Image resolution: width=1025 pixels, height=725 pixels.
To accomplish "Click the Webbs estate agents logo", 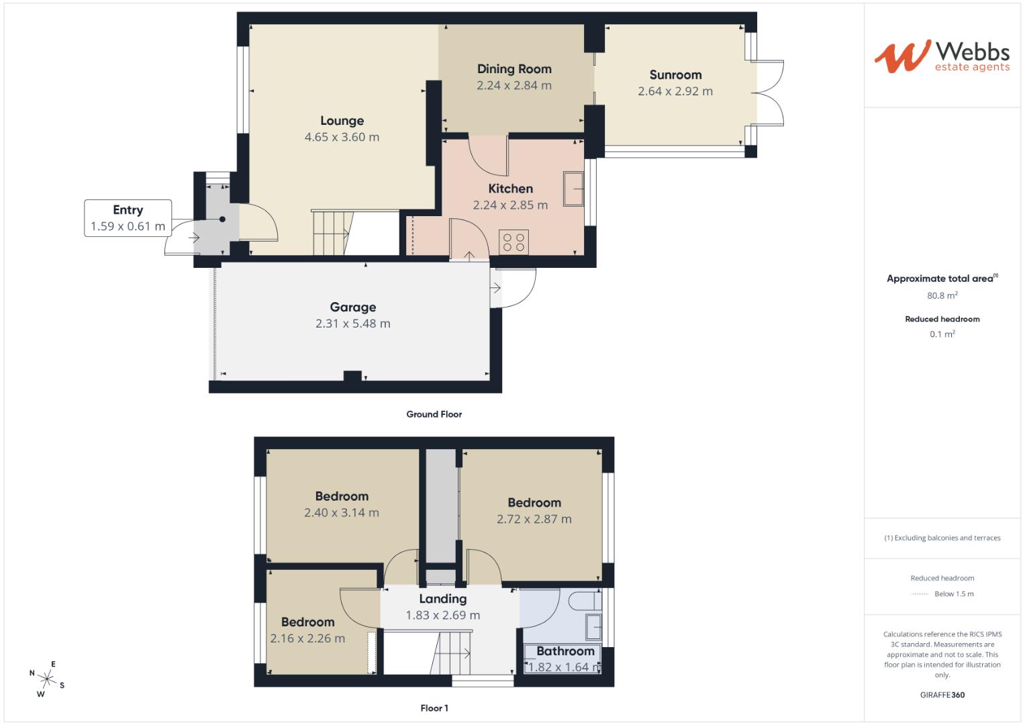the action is coord(942,56).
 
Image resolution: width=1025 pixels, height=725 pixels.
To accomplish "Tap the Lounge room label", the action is coord(342,121).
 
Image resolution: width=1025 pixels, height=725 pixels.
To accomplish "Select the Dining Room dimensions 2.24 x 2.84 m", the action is coord(514,86).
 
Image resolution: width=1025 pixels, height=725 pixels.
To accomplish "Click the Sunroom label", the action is coord(675,75).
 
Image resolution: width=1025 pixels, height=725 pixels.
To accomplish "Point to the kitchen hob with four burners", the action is coord(514,242).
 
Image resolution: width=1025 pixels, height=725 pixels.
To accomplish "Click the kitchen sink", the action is coord(573,189).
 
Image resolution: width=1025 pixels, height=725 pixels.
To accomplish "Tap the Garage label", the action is coord(353,307).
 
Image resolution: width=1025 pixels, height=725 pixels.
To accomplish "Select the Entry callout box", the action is coord(128,218).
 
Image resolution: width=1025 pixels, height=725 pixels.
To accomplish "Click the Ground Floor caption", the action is coord(434,414).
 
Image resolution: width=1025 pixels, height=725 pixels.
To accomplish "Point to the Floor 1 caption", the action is coord(434,708).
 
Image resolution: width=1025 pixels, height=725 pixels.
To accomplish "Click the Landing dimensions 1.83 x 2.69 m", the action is coord(442,615).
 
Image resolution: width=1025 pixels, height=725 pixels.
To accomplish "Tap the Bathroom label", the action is coord(565,651).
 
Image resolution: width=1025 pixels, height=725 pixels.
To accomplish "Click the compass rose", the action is coord(47,679).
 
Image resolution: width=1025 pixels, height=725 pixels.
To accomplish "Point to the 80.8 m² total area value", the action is coord(942,295).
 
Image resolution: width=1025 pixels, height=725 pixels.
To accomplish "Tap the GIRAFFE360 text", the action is coord(942,695).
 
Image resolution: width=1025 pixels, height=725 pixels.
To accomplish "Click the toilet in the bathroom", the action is coord(585,601).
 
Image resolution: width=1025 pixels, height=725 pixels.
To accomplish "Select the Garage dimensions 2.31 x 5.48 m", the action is coord(353,324).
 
